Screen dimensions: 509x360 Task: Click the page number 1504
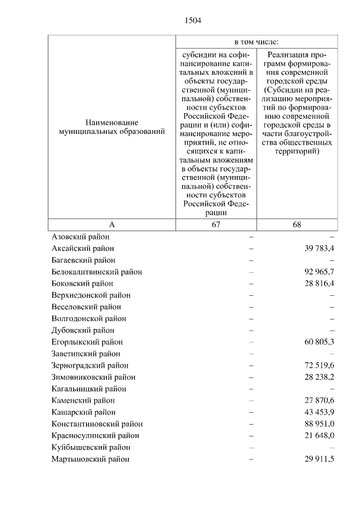coord(192,21)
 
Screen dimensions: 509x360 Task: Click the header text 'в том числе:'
coord(256,42)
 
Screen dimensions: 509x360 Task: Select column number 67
coord(217,224)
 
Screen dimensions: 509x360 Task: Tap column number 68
coord(297,224)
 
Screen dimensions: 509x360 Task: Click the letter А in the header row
coord(112,224)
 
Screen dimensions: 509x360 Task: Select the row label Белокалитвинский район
coord(96,272)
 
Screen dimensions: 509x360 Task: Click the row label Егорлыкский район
coord(87,342)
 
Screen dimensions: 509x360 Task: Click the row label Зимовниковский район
coord(93,377)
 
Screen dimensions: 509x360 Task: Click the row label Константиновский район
coord(97,424)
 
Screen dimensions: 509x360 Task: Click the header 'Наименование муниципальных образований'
coord(112,127)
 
